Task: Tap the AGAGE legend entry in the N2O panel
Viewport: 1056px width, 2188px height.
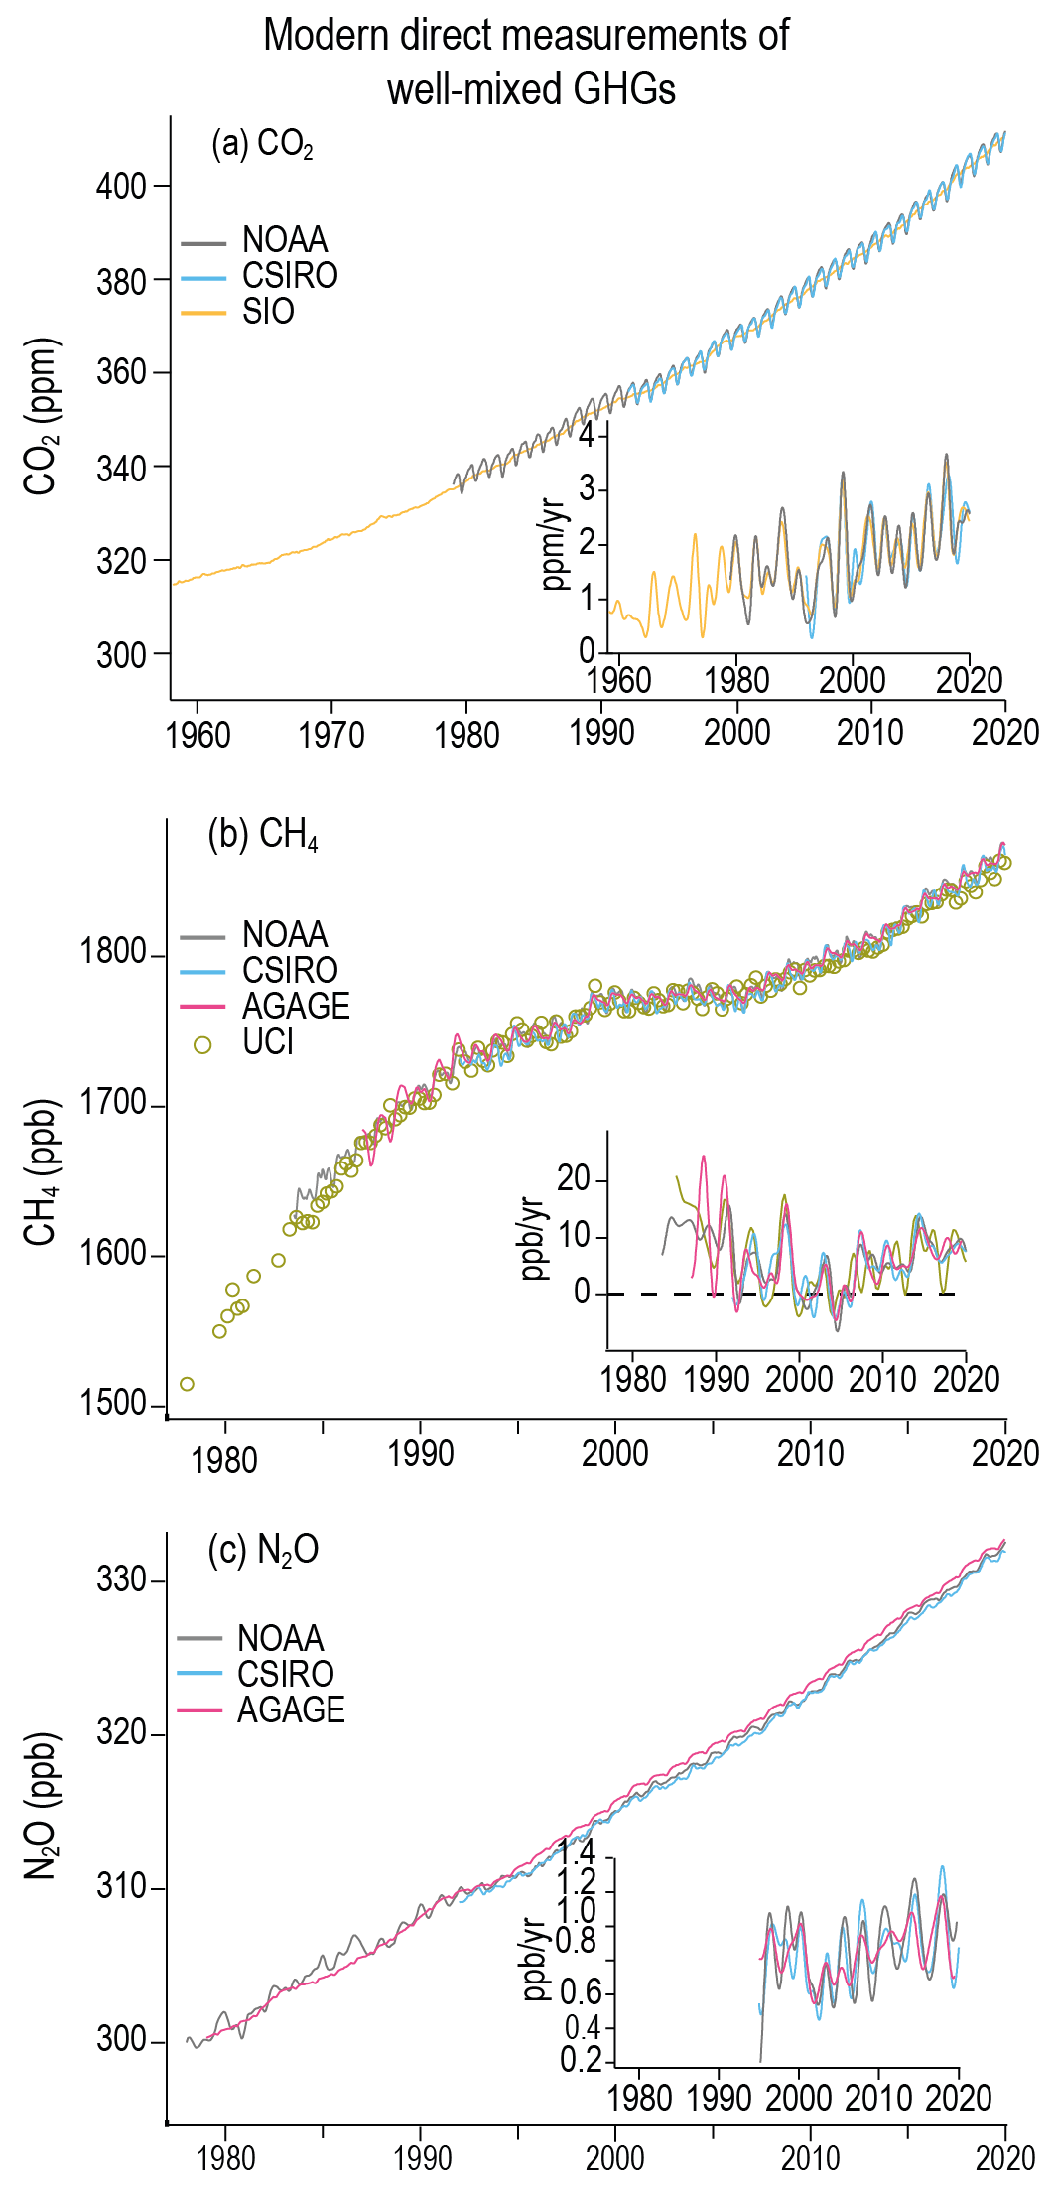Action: coord(290,1709)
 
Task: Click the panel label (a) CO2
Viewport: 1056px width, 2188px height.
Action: coord(262,145)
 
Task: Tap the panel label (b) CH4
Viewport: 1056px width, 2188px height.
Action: coord(263,835)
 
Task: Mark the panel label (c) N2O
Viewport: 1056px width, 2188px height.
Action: coord(263,1550)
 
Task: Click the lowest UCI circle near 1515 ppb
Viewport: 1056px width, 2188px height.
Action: coord(187,1384)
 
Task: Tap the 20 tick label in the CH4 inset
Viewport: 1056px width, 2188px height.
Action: coord(574,1179)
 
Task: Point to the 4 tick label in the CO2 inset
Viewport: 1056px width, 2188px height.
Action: coord(587,435)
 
